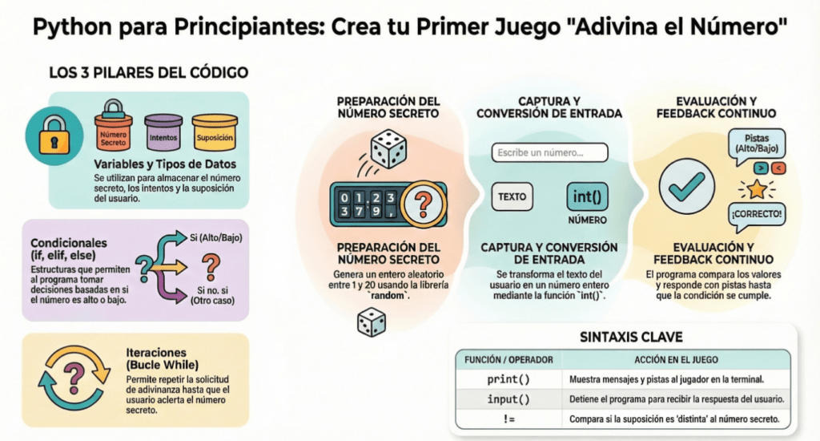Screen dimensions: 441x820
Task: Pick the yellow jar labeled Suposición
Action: [x=214, y=136]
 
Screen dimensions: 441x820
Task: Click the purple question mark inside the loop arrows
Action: [x=74, y=375]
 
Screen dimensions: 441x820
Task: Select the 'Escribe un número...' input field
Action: [x=549, y=152]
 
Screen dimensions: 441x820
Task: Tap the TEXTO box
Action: [x=512, y=196]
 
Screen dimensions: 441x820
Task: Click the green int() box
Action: [x=587, y=196]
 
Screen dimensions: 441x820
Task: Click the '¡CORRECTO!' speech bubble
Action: [x=756, y=216]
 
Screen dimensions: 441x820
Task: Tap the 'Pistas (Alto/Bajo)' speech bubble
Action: [x=756, y=144]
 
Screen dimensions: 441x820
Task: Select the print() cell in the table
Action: [x=508, y=378]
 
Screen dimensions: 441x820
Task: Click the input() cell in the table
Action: [x=508, y=399]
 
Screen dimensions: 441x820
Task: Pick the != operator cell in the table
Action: [x=508, y=419]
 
